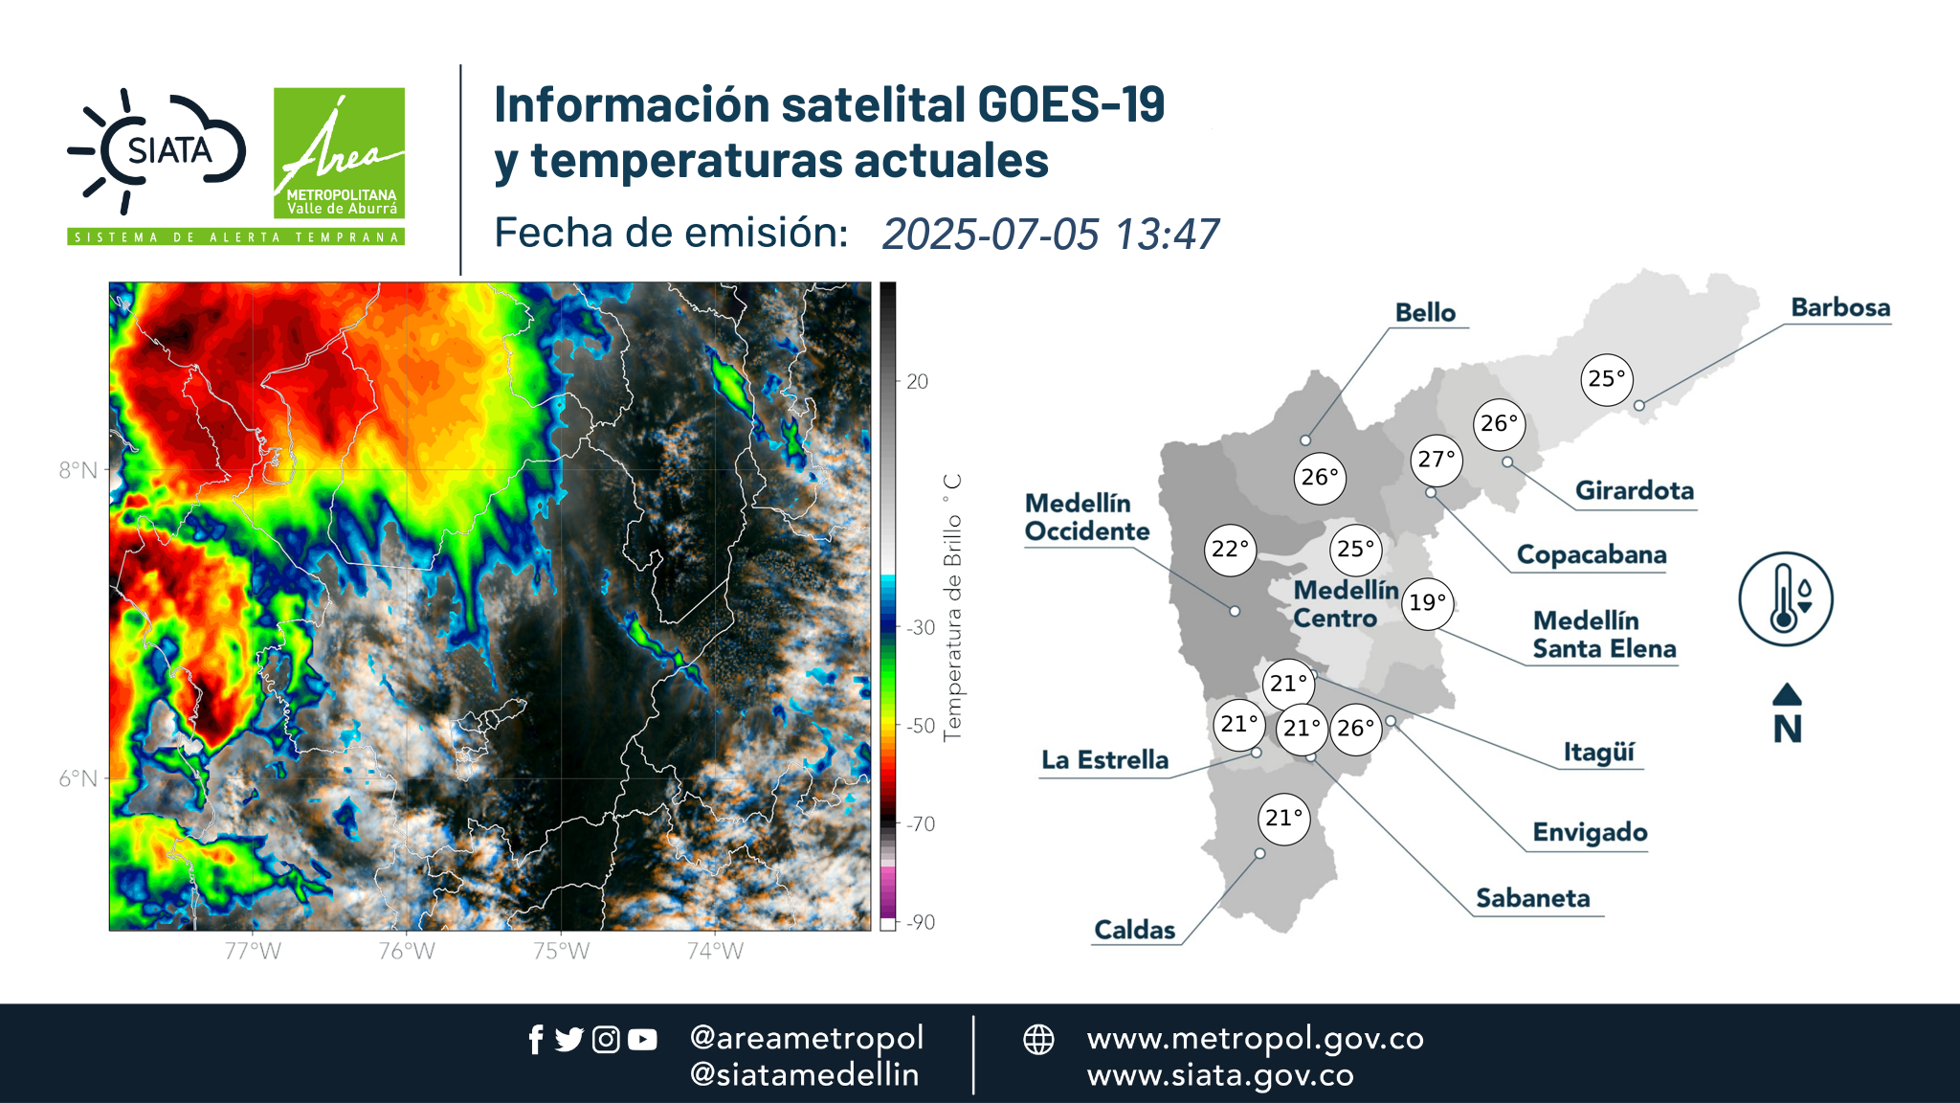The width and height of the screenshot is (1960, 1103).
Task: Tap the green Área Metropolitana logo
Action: point(339,153)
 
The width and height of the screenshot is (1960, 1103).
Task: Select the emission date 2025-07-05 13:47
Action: point(1050,235)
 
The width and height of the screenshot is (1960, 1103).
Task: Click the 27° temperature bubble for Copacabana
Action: point(1437,461)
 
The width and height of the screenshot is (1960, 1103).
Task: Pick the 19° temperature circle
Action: point(1427,603)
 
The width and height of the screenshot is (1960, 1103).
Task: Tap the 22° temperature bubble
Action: point(1230,550)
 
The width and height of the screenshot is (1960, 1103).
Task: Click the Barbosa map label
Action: point(1840,307)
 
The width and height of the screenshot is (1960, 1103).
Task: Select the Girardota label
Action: point(1635,490)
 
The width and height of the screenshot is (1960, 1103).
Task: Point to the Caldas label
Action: point(1134,930)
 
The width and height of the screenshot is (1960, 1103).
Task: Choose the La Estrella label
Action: point(1105,760)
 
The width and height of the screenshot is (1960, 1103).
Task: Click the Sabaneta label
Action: point(1532,898)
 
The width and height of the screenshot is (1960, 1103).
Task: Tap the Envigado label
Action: point(1590,833)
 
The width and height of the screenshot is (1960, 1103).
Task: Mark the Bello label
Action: point(1425,313)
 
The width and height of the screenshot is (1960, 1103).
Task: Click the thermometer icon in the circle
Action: point(1785,598)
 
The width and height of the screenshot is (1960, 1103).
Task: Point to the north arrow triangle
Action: point(1787,694)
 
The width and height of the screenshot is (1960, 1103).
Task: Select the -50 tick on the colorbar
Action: point(920,726)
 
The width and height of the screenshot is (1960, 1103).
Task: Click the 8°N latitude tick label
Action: point(78,470)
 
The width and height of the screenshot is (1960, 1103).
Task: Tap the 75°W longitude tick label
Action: point(561,951)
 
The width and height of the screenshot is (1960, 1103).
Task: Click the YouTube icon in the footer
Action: point(642,1039)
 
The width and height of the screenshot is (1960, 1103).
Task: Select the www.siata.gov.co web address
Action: point(1220,1075)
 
